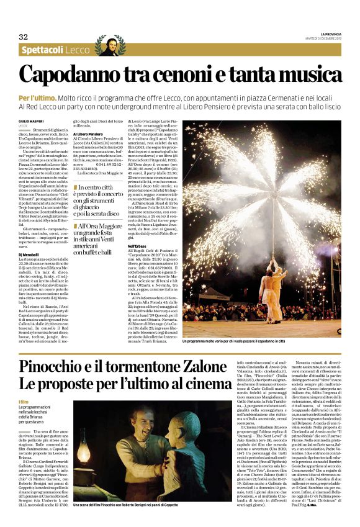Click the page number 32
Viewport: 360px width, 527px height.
pyautogui.click(x=24, y=37)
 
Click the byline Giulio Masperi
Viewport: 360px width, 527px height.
pyautogui.click(x=31, y=121)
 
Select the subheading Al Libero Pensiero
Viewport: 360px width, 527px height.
pyautogui.click(x=88, y=133)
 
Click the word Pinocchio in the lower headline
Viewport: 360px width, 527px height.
pyautogui.click(x=53, y=366)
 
